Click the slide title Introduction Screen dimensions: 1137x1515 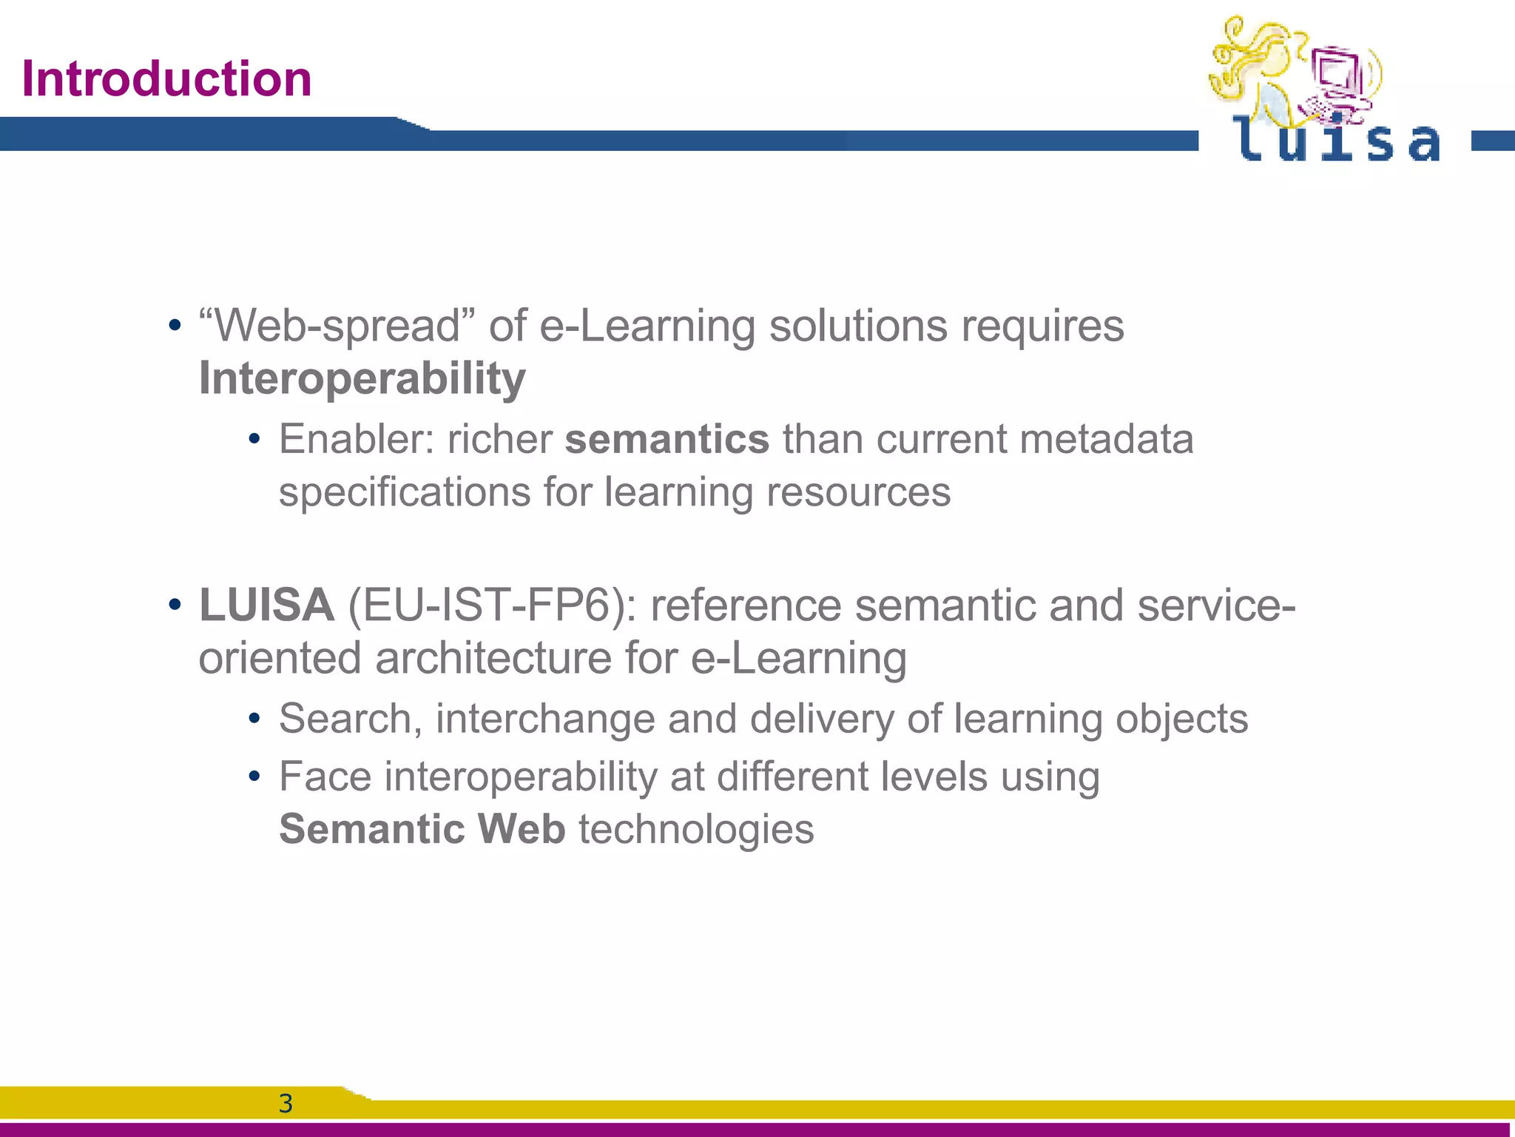point(166,78)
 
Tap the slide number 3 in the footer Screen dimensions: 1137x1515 point(286,1104)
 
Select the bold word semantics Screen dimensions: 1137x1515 point(667,439)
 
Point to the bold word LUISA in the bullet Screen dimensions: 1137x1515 point(266,605)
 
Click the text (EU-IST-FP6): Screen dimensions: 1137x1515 point(492,605)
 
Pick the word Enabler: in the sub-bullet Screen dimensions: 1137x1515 point(356,439)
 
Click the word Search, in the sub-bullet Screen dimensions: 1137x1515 point(351,719)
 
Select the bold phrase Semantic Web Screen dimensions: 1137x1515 point(422,828)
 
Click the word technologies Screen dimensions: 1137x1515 point(696,828)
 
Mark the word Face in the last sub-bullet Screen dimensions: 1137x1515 point(325,777)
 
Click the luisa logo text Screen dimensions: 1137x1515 point(1336,141)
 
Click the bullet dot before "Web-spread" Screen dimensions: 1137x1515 point(175,326)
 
